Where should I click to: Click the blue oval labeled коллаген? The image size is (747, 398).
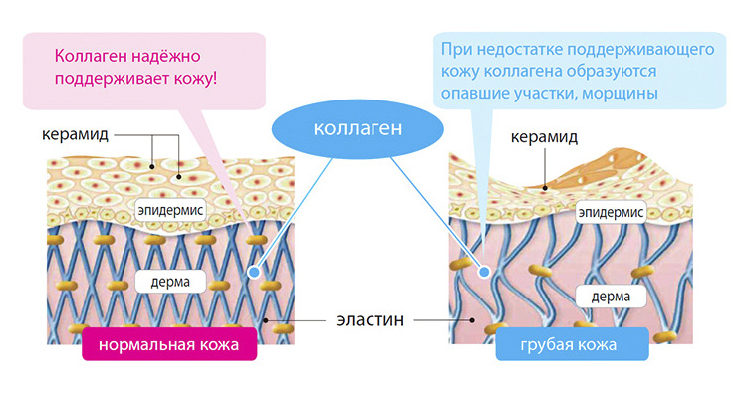(x=358, y=128)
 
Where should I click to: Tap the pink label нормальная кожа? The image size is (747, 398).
(x=169, y=344)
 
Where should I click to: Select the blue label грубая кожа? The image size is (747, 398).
(x=572, y=344)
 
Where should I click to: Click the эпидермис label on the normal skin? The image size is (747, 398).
(x=170, y=210)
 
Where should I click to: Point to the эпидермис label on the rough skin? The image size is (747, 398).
(x=611, y=212)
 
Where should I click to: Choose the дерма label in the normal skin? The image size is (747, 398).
(x=170, y=282)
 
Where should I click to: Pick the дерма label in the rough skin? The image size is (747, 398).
(x=611, y=297)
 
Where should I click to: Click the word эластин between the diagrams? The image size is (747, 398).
(x=371, y=320)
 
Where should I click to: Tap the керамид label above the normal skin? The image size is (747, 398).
(x=76, y=134)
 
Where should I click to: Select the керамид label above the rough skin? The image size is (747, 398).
(x=544, y=137)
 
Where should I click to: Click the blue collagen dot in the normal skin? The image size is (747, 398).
(x=254, y=272)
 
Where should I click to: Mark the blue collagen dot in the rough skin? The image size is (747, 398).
(x=484, y=272)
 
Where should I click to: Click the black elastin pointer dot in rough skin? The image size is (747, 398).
(x=472, y=320)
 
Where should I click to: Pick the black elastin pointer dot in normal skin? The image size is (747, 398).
(x=265, y=320)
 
